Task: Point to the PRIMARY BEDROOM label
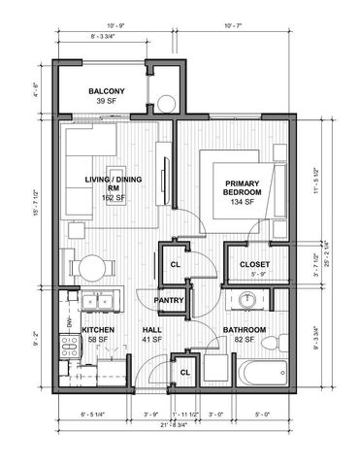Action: pyautogui.click(x=243, y=187)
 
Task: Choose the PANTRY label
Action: pyautogui.click(x=171, y=300)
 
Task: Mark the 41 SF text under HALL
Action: pyautogui.click(x=152, y=340)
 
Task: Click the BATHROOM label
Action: pyautogui.click(x=244, y=330)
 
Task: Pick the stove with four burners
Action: pyautogui.click(x=70, y=346)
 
